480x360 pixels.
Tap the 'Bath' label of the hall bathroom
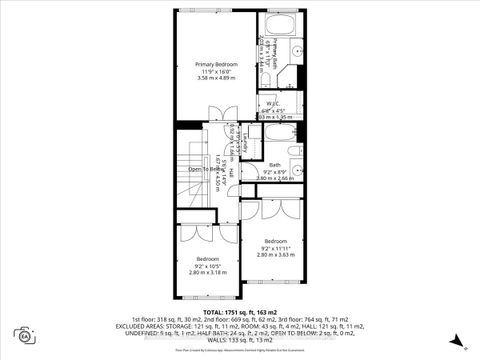coord(274,164)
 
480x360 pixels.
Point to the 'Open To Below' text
coord(205,169)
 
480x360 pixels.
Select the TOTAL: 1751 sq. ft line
coord(239,311)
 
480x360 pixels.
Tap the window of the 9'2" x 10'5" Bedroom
coord(209,299)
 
